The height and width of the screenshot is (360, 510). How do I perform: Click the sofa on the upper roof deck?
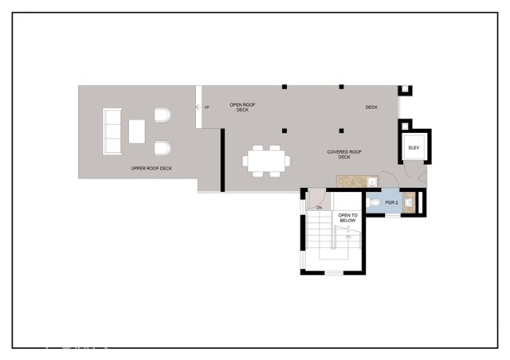(112, 131)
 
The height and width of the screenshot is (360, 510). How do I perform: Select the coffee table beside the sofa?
(137, 131)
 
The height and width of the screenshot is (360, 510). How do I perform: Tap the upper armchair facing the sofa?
(162, 117)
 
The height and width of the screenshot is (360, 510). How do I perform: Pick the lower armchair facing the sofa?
(162, 147)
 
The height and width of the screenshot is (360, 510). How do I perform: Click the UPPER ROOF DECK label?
(151, 169)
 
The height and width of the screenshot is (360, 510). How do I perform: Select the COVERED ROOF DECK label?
(344, 154)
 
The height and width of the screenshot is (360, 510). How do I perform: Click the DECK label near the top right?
(371, 108)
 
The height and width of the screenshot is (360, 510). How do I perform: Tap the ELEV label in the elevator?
(414, 148)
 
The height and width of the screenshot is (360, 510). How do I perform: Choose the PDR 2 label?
(391, 203)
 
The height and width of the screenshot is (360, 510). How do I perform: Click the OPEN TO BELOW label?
(348, 218)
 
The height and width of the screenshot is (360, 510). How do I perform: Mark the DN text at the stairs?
(318, 209)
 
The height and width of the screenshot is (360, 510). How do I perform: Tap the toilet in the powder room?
(375, 203)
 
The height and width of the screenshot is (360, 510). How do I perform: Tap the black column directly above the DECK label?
(341, 86)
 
